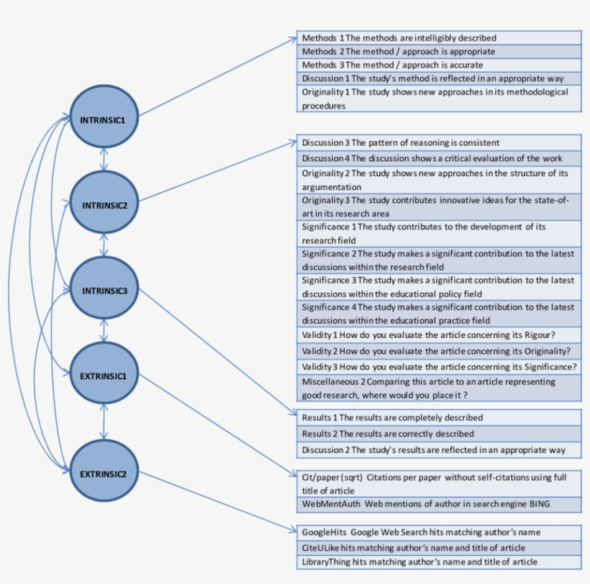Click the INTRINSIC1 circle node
click(x=104, y=119)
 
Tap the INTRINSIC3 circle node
click(x=104, y=291)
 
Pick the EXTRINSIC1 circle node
click(x=104, y=375)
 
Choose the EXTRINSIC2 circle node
click(x=104, y=473)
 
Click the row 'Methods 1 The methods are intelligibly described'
click(x=439, y=37)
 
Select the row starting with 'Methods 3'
click(x=439, y=65)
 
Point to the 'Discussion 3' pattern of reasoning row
click(x=439, y=142)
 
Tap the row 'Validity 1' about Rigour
click(x=439, y=335)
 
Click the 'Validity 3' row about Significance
click(x=439, y=367)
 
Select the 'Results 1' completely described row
click(x=439, y=417)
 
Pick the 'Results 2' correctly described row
click(x=439, y=434)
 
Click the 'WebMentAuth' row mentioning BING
click(x=439, y=504)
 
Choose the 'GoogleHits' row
click(x=439, y=532)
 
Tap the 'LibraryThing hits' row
click(x=439, y=561)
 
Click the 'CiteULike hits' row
click(x=439, y=547)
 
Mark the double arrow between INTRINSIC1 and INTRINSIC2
click(x=104, y=160)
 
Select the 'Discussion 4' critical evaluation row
click(x=439, y=158)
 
